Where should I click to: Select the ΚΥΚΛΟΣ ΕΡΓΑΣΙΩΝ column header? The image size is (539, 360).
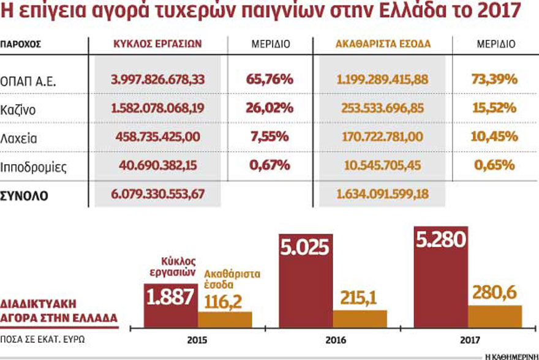[158, 44]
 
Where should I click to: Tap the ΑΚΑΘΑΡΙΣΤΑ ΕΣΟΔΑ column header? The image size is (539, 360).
[383, 44]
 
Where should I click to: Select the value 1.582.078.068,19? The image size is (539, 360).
[158, 108]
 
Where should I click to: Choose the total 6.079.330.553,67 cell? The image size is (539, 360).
[158, 195]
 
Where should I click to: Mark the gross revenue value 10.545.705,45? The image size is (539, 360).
[383, 166]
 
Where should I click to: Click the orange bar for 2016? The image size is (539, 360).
[360, 318]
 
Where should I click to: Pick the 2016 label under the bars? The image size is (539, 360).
[333, 339]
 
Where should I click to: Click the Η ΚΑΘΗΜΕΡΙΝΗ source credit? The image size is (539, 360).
[510, 354]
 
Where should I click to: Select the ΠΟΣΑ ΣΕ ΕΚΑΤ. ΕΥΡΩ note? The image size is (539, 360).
[43, 339]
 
